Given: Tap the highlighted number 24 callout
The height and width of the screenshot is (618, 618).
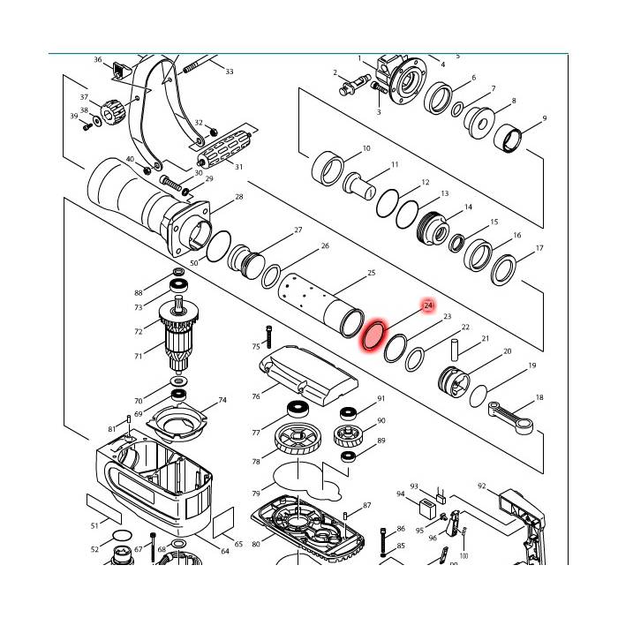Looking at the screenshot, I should tap(428, 305).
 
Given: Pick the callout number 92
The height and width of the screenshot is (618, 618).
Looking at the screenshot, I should tap(482, 486).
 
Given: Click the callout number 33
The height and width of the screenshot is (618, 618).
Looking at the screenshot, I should tap(230, 72).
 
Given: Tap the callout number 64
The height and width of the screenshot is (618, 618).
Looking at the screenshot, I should tap(224, 551).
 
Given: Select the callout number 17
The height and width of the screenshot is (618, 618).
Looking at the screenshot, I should tap(539, 248).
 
